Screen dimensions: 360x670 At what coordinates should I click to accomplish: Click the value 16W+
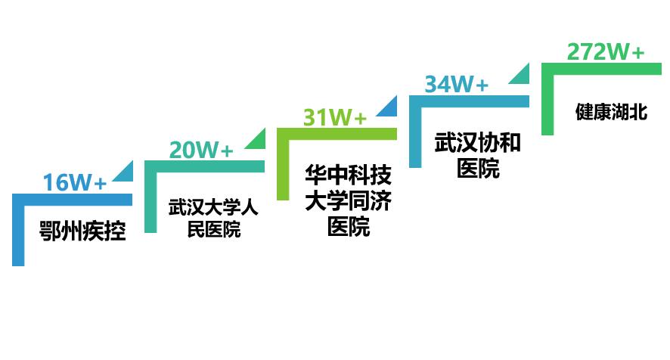(x=74, y=182)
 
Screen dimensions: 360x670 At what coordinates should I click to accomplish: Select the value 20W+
(x=200, y=150)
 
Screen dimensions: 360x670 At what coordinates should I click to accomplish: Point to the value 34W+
(x=456, y=84)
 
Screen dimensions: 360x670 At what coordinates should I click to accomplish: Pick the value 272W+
(x=606, y=52)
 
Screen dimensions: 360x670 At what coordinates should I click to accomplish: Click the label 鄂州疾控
(x=82, y=231)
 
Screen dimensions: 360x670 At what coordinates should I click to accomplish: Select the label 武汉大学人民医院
(x=213, y=218)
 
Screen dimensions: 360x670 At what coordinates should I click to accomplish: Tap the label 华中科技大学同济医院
(x=349, y=200)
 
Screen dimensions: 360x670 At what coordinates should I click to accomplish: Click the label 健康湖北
(x=611, y=113)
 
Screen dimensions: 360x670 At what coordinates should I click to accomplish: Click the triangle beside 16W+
(x=126, y=173)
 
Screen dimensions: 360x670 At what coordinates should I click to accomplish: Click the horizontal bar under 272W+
(x=601, y=69)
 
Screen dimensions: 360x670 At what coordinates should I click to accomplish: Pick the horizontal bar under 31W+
(x=337, y=134)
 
